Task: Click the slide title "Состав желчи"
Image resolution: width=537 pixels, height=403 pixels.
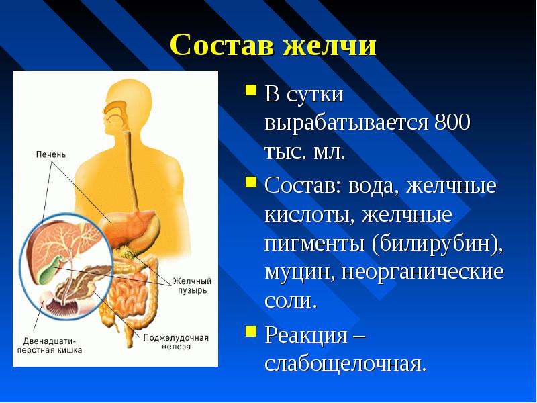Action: (x=273, y=45)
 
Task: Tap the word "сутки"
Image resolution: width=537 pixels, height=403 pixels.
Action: (x=315, y=95)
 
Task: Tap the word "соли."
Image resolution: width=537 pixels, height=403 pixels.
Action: (x=290, y=300)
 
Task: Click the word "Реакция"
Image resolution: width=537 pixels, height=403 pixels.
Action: (x=307, y=334)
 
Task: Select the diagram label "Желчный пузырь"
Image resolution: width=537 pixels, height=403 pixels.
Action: (x=192, y=286)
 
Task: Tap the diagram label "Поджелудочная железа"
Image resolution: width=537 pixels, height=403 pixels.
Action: (x=175, y=342)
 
